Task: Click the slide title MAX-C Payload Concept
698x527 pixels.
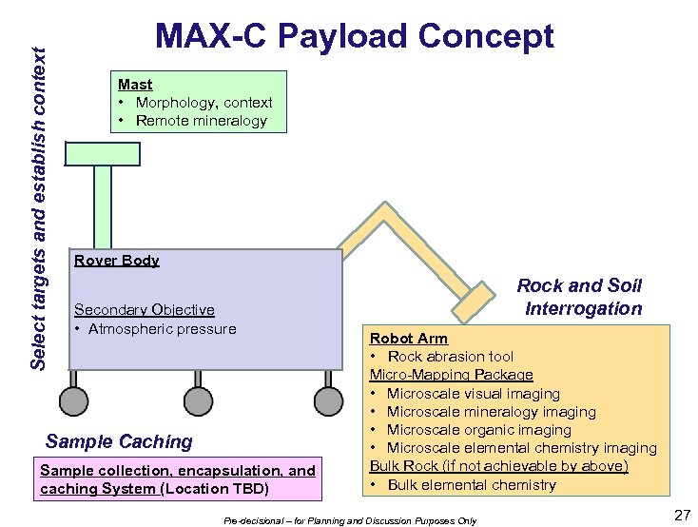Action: (x=354, y=36)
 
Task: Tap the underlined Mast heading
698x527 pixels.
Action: (x=135, y=85)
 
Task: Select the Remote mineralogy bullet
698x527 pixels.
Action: (x=201, y=121)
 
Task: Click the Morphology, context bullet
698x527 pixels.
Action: (x=204, y=103)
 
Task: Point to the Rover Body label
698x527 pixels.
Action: (x=116, y=261)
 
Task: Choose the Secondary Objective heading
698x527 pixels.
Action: (x=144, y=310)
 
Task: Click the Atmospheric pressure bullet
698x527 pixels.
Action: (x=163, y=329)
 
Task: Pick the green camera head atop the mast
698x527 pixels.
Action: (x=102, y=154)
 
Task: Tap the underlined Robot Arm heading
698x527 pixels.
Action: (x=408, y=339)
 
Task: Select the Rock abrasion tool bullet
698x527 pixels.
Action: (x=450, y=357)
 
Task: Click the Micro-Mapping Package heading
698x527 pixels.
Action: (x=451, y=375)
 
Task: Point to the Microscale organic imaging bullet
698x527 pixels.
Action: (x=478, y=430)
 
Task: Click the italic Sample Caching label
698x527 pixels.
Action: (x=119, y=441)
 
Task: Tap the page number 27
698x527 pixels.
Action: (x=680, y=515)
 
